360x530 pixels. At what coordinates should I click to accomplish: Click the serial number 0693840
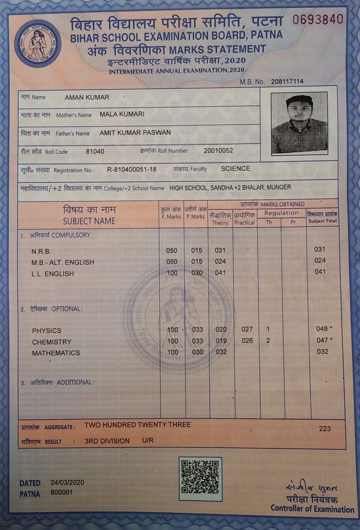[x=318, y=19]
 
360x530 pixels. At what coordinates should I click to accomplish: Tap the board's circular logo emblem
[x=38, y=43]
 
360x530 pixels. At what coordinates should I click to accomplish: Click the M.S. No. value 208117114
[x=287, y=82]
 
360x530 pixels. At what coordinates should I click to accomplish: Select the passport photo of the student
[x=299, y=123]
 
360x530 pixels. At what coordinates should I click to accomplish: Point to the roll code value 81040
[x=95, y=152]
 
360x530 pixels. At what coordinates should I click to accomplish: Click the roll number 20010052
[x=218, y=151]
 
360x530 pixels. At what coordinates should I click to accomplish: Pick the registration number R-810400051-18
[x=132, y=169]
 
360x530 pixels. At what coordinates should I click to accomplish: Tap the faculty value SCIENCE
[x=235, y=169]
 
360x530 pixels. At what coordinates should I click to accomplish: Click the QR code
[x=200, y=478]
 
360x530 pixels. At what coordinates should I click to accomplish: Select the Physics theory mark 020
[x=221, y=330]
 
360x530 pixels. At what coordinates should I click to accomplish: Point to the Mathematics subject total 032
[x=322, y=352]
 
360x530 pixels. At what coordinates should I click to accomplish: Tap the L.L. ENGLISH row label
[x=53, y=274]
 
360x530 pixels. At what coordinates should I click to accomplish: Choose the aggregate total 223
[x=325, y=429]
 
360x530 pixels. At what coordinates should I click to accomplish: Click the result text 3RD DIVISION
[x=107, y=441]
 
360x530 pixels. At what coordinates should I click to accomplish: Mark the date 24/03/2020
[x=67, y=482]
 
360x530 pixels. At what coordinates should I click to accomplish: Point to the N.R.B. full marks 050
[x=172, y=250]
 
